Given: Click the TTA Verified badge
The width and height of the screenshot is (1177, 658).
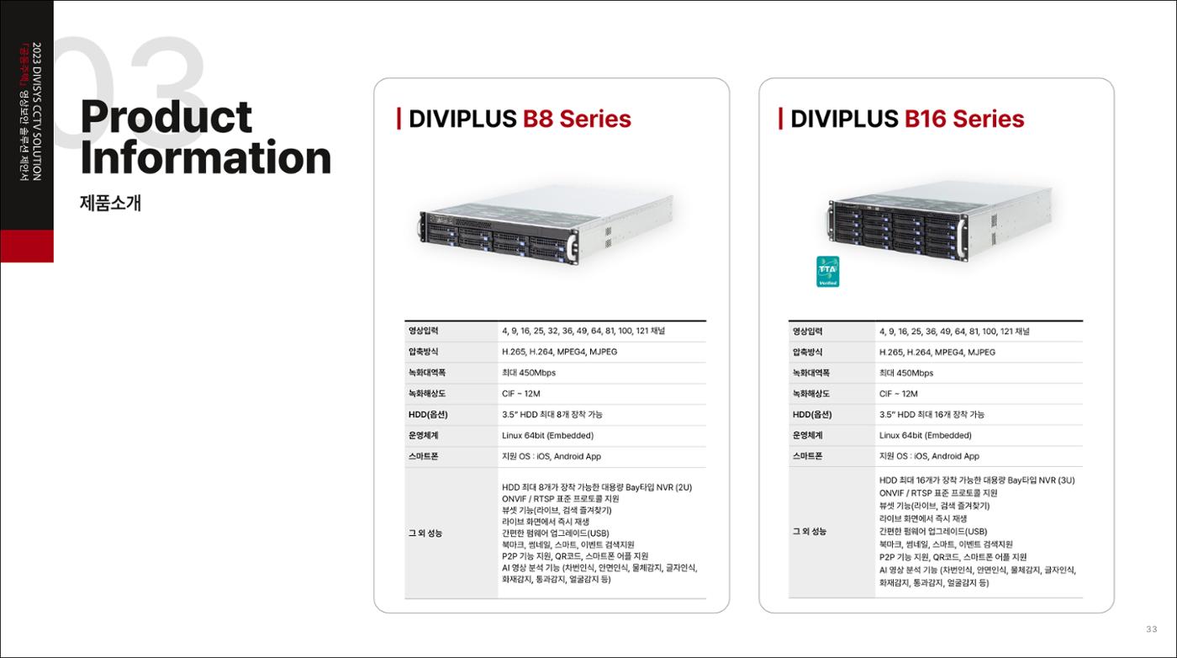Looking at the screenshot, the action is click(x=827, y=272).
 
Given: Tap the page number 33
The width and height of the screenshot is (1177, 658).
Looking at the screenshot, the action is click(x=1152, y=629).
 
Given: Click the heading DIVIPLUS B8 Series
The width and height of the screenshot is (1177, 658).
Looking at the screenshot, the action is click(x=520, y=119).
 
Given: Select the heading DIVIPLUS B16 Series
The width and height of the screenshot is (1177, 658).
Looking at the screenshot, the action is click(x=907, y=119).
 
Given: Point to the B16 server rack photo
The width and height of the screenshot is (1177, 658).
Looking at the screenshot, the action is click(x=941, y=221).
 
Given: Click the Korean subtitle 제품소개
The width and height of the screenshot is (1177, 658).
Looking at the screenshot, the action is click(x=110, y=203).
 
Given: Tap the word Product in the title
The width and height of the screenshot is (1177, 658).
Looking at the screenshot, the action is click(x=166, y=117).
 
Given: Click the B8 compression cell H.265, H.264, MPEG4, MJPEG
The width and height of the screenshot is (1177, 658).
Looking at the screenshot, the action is click(x=559, y=352).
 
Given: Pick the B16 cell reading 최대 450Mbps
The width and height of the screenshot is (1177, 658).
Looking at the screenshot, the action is click(x=906, y=373).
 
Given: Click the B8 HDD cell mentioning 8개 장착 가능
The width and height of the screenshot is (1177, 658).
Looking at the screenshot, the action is click(x=552, y=415).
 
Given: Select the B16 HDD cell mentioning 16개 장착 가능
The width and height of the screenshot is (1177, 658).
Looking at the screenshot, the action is click(x=932, y=415).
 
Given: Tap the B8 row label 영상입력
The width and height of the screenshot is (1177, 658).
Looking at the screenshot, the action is click(x=423, y=331).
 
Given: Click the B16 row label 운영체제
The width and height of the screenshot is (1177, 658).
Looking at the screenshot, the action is click(x=808, y=436).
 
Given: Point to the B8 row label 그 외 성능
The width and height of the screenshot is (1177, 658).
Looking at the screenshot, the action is click(x=425, y=533).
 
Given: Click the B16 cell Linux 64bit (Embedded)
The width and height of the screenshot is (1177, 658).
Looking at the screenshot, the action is click(x=925, y=436).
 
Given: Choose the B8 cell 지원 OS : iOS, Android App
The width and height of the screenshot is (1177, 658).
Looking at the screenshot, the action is click(x=552, y=457).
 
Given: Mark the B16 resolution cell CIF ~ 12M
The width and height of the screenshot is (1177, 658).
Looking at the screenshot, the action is click(x=898, y=394).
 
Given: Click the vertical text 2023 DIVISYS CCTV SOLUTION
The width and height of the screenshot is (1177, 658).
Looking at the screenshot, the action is click(x=36, y=112).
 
